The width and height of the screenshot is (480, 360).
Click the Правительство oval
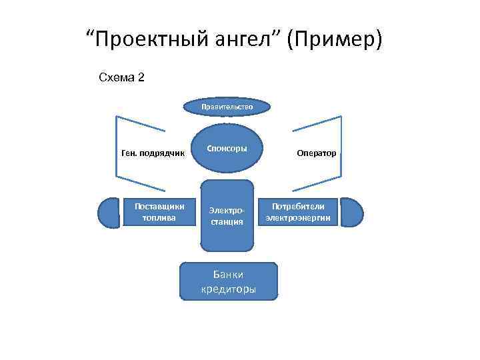(x=227, y=106)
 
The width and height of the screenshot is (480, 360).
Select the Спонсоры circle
(x=227, y=147)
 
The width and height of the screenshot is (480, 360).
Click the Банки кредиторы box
(x=228, y=281)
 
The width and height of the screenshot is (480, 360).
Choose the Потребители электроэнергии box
(x=298, y=212)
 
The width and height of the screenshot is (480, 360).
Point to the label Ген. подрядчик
(x=153, y=153)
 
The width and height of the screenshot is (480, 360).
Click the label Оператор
(x=317, y=153)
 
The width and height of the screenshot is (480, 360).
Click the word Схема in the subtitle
(x=116, y=77)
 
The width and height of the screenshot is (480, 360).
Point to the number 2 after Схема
(x=140, y=77)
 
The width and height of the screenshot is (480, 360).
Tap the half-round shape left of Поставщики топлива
(x=108, y=212)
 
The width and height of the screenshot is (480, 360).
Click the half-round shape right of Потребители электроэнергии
(x=353, y=212)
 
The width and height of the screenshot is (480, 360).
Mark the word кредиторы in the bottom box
(x=228, y=289)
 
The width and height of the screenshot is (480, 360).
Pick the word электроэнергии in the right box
(x=298, y=218)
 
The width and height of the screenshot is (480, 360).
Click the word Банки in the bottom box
(x=228, y=274)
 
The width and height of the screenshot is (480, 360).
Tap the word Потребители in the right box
(x=298, y=207)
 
